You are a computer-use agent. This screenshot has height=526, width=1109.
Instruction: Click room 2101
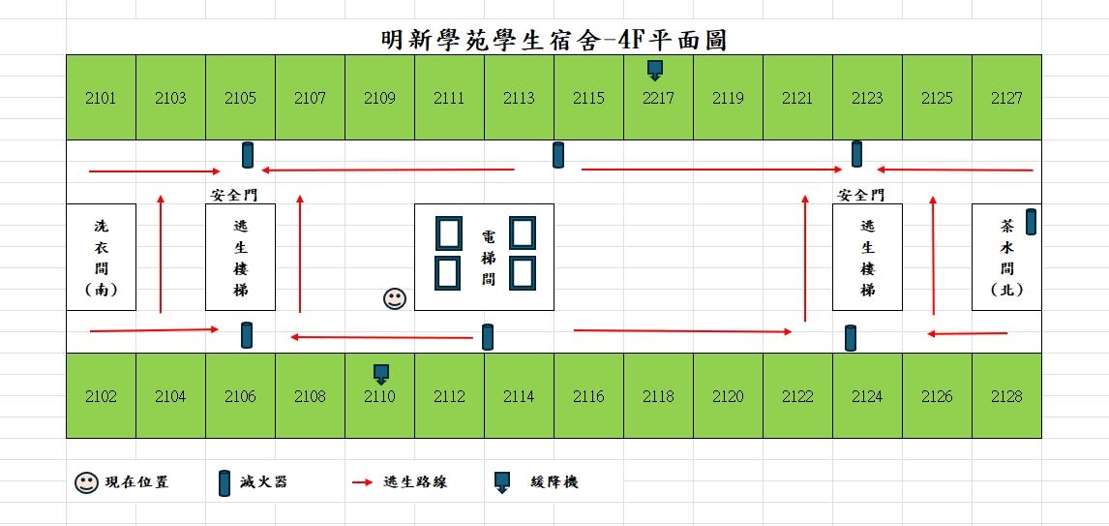pos(101,97)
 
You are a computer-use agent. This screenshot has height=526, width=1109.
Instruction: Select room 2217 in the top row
pos(658,97)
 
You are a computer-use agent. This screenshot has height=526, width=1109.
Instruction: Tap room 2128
pos(1006,396)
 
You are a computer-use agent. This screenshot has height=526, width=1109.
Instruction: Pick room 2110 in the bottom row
pos(379,396)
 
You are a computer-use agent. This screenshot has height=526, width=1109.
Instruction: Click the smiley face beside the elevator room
pos(395,298)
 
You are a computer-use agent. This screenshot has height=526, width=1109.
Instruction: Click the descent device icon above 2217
pos(656,70)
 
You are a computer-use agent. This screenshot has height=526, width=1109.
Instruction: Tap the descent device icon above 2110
pos(381,373)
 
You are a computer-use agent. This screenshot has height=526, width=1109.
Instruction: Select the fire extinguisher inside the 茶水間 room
pos(1031,222)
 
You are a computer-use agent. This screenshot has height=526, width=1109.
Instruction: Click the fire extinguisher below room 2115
pos(558,155)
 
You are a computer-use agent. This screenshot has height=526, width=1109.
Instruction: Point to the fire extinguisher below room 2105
pos(248,155)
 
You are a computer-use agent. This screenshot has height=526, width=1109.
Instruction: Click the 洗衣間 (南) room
pos(102,257)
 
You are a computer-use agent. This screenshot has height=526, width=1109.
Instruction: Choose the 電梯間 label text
pos(488,257)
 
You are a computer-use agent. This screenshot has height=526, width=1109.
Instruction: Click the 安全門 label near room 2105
pos(234,195)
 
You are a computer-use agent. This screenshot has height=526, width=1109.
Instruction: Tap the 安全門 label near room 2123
pos(860,195)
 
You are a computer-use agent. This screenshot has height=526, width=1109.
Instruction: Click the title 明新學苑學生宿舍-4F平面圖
pos(554,40)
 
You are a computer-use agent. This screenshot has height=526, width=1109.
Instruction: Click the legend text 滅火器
pos(264,482)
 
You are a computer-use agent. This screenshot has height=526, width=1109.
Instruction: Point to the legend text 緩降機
pos(554,482)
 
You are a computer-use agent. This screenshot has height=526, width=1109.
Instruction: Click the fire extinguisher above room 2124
pos(851,338)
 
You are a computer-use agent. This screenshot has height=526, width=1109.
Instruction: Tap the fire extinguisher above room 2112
pos(488,337)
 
